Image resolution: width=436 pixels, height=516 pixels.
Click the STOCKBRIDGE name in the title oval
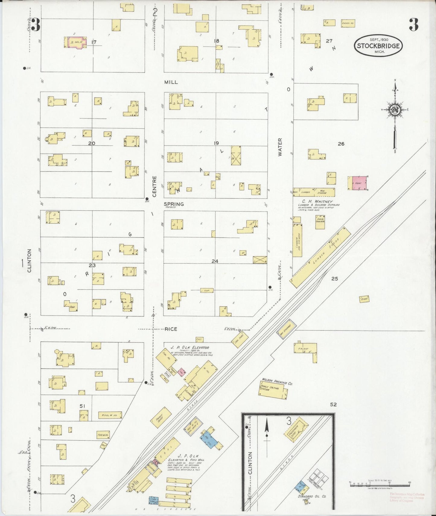point(379,46)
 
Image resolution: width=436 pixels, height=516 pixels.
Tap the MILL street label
point(171,82)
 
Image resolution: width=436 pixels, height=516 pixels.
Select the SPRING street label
point(174,204)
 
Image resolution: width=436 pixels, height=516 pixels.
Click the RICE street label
point(171,329)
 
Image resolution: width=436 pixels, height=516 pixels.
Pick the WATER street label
point(280,147)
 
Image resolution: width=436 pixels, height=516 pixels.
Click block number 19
point(216,143)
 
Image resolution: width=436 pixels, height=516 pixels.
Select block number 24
point(215,261)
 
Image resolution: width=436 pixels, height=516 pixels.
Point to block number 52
point(333,405)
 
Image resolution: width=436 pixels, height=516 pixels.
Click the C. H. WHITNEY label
point(315,201)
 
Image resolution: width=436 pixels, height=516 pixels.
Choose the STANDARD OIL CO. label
point(312,496)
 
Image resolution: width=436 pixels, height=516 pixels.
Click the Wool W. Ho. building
point(110,415)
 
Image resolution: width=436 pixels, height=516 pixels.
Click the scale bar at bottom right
point(379,483)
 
